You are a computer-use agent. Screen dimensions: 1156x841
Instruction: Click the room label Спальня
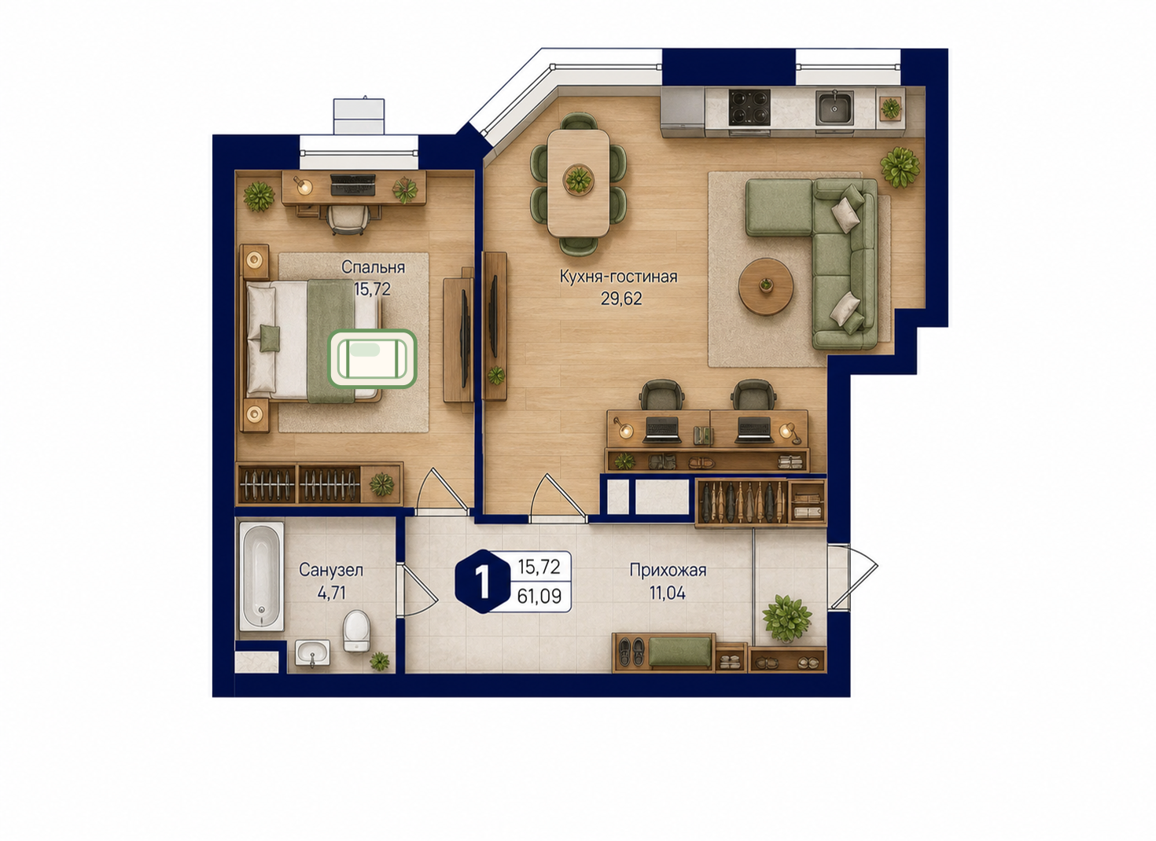coord(373,268)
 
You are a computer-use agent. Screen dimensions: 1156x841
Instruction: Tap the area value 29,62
coord(620,299)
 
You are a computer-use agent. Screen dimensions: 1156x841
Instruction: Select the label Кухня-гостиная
coord(618,277)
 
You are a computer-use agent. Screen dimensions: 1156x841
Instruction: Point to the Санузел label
coord(331,570)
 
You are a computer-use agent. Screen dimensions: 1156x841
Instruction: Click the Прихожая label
coord(668,570)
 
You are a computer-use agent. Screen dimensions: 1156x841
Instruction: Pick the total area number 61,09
coord(539,596)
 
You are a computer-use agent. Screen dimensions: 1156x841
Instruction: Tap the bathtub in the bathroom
coord(262,576)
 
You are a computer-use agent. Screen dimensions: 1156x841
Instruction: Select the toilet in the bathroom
coord(356,631)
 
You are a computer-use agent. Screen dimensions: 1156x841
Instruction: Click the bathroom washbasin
coord(312,652)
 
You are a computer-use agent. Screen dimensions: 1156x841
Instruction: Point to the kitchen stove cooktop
coord(749,107)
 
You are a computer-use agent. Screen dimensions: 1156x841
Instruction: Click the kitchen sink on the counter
coord(834,108)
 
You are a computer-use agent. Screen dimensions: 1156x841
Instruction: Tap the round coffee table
coord(765,286)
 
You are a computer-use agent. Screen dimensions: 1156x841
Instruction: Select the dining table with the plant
coord(578,183)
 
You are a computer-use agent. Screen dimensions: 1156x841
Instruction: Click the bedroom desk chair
coord(349,219)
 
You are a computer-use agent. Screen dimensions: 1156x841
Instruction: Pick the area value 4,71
coord(331,593)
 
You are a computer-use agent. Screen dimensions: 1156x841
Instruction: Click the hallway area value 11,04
coord(668,593)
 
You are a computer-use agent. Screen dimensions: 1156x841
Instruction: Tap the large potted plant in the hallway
coord(786,618)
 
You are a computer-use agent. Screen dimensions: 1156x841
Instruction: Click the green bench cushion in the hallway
coord(680,652)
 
